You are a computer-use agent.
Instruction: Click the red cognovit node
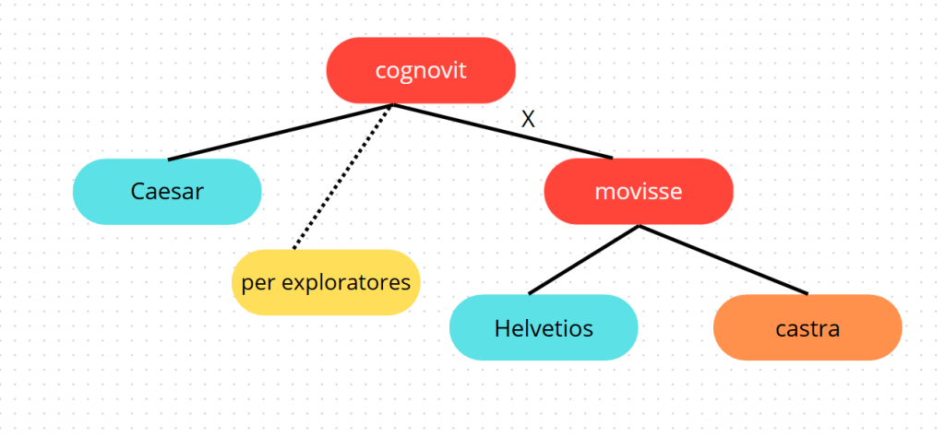(x=421, y=70)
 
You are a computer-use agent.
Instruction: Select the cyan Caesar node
(x=167, y=192)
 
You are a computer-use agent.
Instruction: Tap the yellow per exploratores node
(x=326, y=282)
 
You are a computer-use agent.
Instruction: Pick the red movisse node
(x=639, y=192)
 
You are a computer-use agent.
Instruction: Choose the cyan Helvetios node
(x=544, y=327)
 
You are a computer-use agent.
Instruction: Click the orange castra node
(x=807, y=327)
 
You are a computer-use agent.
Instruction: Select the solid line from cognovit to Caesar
(x=277, y=133)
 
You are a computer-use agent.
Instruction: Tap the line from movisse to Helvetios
(x=583, y=260)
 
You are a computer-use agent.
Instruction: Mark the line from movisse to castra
(x=724, y=260)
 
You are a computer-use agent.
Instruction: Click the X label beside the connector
(x=528, y=119)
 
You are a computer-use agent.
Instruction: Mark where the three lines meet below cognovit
(x=392, y=105)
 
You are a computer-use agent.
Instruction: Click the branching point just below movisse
(x=639, y=226)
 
